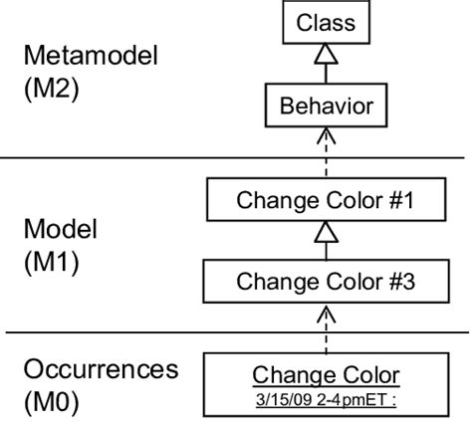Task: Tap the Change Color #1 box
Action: tap(325, 200)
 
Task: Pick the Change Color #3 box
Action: tap(325, 282)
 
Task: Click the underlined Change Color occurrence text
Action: tap(326, 374)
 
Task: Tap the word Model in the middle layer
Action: tap(62, 230)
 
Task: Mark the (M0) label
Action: tap(51, 404)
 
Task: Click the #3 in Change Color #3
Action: tap(399, 282)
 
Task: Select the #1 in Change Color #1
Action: tap(399, 200)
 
